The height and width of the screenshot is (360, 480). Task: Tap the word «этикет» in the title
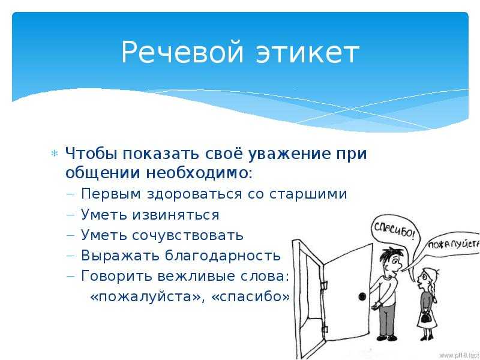click(308, 52)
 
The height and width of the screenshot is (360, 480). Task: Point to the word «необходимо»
click(196, 173)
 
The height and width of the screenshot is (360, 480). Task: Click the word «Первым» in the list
click(111, 194)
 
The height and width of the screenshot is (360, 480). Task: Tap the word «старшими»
click(308, 194)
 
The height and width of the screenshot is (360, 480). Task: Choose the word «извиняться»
click(176, 215)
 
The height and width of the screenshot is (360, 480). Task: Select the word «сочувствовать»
click(188, 235)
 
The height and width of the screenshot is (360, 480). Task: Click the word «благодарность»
click(223, 256)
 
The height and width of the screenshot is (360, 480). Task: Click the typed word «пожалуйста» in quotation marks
click(145, 297)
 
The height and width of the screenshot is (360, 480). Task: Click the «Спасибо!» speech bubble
click(394, 230)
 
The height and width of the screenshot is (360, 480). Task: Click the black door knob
click(362, 296)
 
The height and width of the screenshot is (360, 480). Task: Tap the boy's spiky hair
click(388, 253)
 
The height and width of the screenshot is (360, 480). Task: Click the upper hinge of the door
click(323, 284)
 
